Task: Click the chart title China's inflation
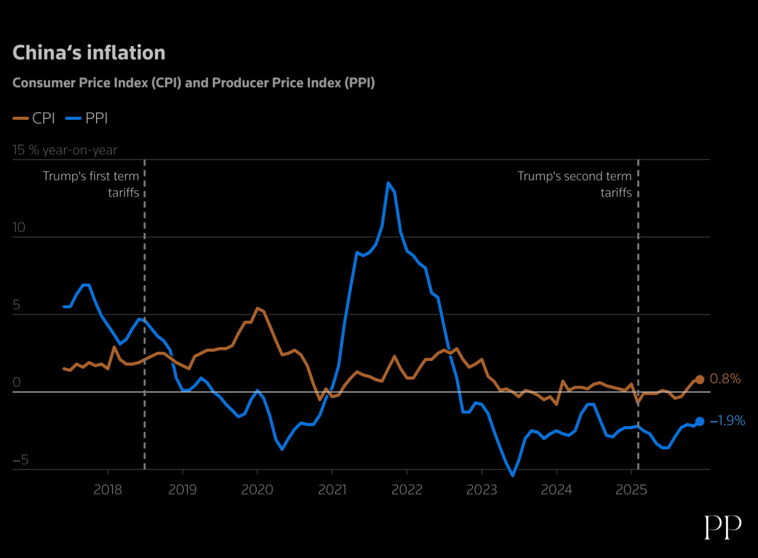[89, 53]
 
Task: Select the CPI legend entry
[34, 118]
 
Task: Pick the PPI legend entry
[87, 118]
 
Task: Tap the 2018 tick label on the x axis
[108, 489]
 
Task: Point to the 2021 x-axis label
[332, 489]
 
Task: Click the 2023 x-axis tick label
[482, 489]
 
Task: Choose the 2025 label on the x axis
[631, 489]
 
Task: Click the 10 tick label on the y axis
[19, 227]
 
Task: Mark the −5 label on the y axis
[20, 460]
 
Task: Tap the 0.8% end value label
[725, 379]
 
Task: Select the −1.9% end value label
[728, 421]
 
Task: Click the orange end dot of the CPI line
[699, 380]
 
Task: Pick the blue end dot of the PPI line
[699, 422]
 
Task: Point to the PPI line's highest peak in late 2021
[388, 183]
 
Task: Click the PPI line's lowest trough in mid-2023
[513, 475]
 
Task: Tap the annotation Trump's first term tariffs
[91, 184]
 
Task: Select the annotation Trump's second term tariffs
[575, 184]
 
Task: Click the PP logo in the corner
[723, 527]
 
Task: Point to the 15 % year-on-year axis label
[65, 150]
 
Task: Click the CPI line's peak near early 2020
[258, 308]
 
